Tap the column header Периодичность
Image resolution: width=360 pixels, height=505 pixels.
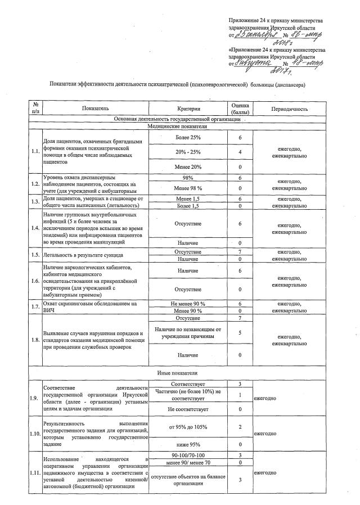(289, 108)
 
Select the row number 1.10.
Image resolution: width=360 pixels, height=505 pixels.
(35, 434)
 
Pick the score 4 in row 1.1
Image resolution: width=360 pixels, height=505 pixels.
(240, 152)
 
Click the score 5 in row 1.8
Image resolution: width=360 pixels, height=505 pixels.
(240, 332)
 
